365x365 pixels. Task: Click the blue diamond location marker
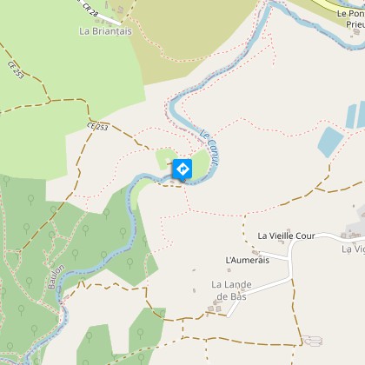point(182,169)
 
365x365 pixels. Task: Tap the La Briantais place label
point(103,30)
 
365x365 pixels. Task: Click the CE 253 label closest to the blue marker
point(97,128)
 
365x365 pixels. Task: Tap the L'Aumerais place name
point(245,260)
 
